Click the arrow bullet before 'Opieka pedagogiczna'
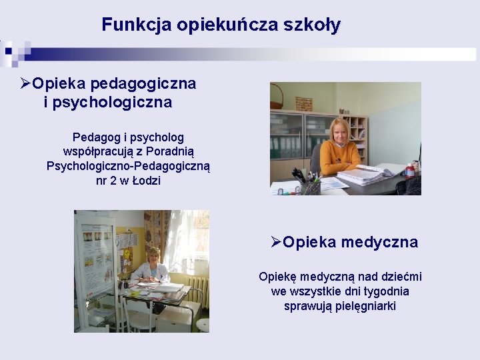pos(25,84)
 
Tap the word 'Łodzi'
pos(147,181)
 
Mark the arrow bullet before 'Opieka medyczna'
pos(276,242)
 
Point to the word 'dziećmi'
pos(399,277)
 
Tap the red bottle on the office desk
pos(411,171)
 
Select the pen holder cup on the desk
pos(310,187)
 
